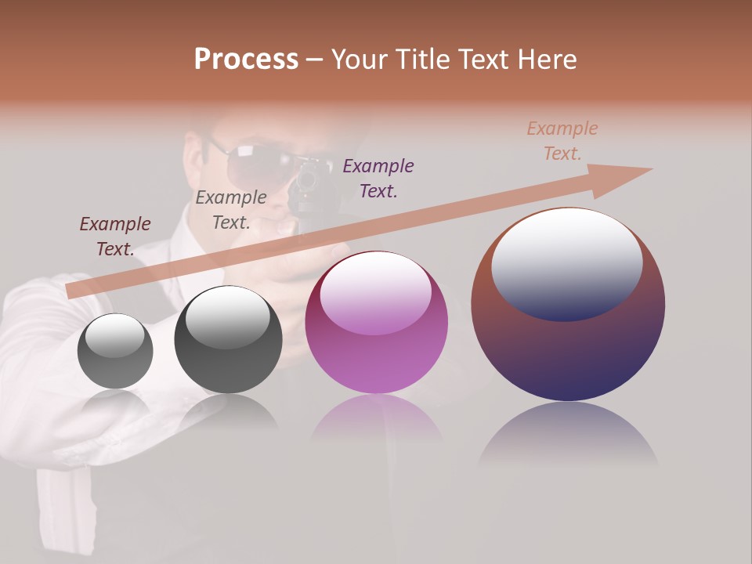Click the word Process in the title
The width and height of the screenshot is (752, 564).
[246, 60]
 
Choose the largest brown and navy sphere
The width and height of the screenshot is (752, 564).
[568, 352]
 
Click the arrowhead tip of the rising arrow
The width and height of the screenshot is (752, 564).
[650, 169]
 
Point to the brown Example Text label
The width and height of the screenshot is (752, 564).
[562, 141]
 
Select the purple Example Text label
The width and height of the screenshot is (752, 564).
[378, 179]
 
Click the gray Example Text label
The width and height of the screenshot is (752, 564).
[231, 210]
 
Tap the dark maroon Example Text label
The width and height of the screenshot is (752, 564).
[115, 237]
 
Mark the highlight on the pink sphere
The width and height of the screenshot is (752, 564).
[375, 294]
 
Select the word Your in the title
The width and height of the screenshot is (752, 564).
[361, 60]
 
